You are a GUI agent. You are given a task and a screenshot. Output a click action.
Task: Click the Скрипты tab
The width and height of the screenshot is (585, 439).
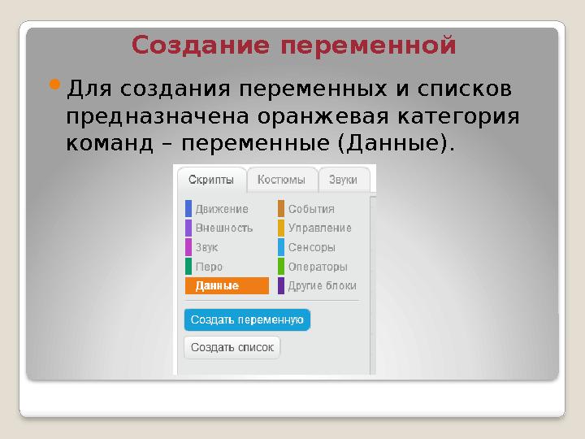[x=211, y=180]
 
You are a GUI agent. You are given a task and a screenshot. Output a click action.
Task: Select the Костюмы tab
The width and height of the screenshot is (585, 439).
[x=281, y=180]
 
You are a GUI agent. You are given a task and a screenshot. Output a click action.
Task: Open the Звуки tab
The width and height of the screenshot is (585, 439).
[x=343, y=180]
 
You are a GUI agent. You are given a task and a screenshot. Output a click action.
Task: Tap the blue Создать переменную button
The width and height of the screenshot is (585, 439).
[x=247, y=320]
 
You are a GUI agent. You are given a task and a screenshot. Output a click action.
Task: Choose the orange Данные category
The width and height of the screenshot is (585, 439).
[x=227, y=285]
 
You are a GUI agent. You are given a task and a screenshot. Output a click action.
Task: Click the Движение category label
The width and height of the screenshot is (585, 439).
[x=222, y=209]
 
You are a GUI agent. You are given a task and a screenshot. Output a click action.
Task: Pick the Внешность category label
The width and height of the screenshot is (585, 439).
[x=224, y=228]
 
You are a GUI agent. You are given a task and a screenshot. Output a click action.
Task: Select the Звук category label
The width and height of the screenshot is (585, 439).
[x=206, y=247]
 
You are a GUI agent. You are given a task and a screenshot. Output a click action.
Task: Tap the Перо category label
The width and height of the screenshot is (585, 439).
[x=209, y=267]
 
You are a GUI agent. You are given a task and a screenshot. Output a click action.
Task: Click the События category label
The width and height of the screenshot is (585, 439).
[x=311, y=209]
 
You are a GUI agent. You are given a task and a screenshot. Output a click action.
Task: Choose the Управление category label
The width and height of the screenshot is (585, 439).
[x=320, y=228]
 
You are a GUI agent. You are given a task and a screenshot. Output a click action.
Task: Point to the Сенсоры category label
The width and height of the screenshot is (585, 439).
[x=311, y=247]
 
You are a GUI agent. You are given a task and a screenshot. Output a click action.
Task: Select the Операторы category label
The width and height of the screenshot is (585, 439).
[x=318, y=267]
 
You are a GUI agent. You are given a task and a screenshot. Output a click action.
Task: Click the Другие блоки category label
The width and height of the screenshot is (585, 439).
[x=322, y=286]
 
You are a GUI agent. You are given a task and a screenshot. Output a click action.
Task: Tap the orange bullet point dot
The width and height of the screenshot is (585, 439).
[x=54, y=85]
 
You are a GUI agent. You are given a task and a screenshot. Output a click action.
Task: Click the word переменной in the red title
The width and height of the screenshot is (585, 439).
[x=368, y=46]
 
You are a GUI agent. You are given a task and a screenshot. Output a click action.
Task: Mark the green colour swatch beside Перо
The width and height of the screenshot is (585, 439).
[x=188, y=267]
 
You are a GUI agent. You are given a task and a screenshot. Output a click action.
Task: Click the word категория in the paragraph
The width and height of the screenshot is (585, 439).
[x=458, y=117]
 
